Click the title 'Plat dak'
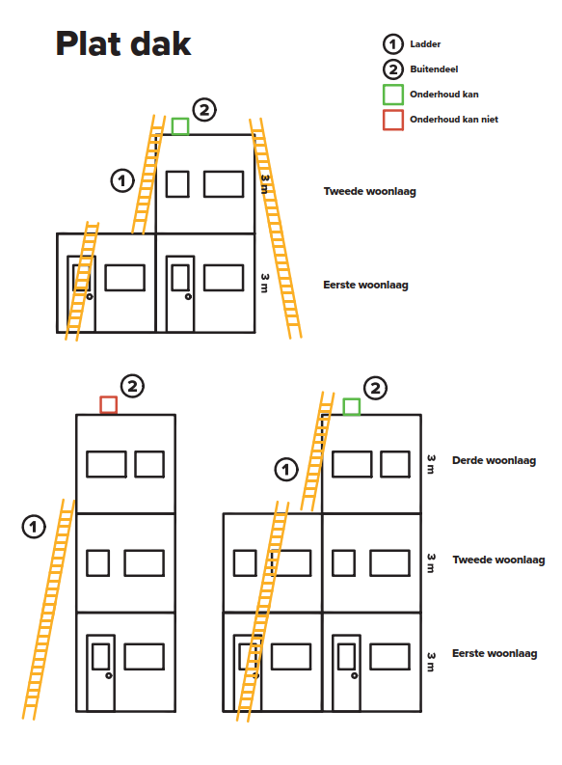[x=123, y=44]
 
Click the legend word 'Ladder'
[x=425, y=44]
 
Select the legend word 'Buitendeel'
[x=434, y=69]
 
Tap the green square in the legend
[x=393, y=95]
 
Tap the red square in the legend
[x=393, y=120]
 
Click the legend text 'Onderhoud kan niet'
[x=454, y=120]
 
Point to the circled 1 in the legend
[x=393, y=44]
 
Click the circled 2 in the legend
[x=393, y=69]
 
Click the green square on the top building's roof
[x=180, y=126]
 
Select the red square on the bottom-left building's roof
[x=109, y=405]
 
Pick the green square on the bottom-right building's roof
[x=352, y=406]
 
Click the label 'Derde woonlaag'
[x=494, y=460]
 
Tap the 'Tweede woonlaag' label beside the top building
[x=369, y=191]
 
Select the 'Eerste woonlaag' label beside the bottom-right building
[x=495, y=653]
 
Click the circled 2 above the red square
[x=132, y=387]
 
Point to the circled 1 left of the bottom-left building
[x=34, y=527]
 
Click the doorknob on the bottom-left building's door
[x=109, y=675]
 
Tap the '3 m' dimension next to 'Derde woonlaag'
[x=431, y=464]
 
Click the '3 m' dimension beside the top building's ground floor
[x=264, y=283]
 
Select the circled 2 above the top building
[x=204, y=110]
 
